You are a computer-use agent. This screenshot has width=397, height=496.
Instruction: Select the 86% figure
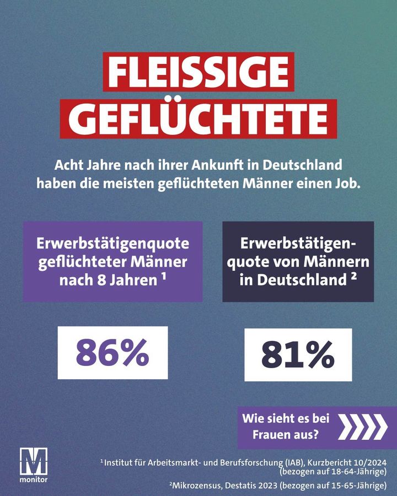coord(112,353)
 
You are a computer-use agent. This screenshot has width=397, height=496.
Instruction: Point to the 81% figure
coord(298,355)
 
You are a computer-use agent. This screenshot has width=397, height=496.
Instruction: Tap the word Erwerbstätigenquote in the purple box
coord(112,243)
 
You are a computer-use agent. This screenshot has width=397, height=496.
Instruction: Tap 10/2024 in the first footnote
coord(371,462)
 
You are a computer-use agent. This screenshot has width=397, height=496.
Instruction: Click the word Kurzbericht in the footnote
coord(332,462)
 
